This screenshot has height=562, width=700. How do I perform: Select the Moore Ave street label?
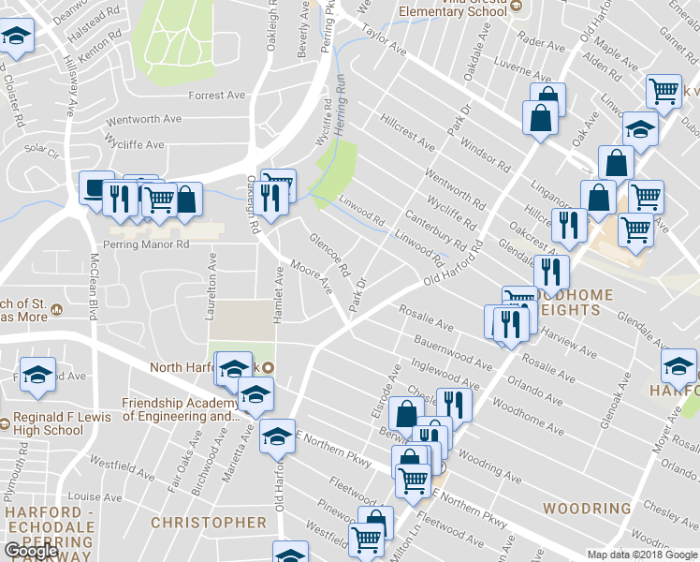[x=312, y=276]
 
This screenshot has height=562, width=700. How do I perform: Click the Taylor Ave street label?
[x=386, y=38]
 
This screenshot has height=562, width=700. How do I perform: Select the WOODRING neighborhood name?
[x=587, y=509]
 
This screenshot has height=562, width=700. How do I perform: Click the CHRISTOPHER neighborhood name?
[x=209, y=522]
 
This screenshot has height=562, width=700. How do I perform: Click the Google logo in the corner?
[x=31, y=551]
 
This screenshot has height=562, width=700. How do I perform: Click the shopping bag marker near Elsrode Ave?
[x=406, y=412]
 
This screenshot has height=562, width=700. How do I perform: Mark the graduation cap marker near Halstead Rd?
[x=15, y=37]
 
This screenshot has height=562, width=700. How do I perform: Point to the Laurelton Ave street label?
[x=212, y=281]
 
